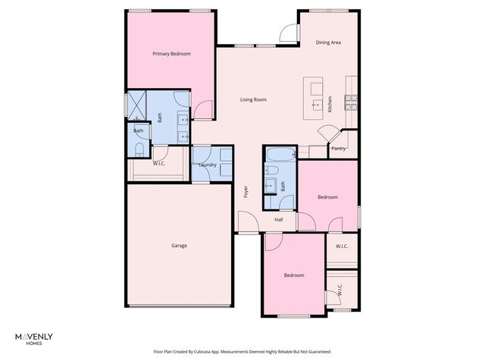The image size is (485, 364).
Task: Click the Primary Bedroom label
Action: tap(171, 54)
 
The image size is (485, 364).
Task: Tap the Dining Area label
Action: tap(328, 42)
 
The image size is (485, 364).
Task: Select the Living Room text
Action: tap(253, 99)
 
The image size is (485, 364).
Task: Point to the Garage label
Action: tap(179, 245)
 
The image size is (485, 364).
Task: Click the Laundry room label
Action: tap(208, 165)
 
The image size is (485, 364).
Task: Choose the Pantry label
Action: tap(339, 149)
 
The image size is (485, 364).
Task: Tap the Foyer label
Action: tap(246, 192)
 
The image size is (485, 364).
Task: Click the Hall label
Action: tap(279, 220)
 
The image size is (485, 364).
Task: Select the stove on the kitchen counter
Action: tap(352, 101)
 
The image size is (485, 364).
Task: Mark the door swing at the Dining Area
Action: tap(288, 33)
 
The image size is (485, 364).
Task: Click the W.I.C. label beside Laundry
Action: tap(159, 163)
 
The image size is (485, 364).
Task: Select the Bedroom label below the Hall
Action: tap(294, 275)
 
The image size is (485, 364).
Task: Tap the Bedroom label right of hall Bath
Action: tap(327, 197)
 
